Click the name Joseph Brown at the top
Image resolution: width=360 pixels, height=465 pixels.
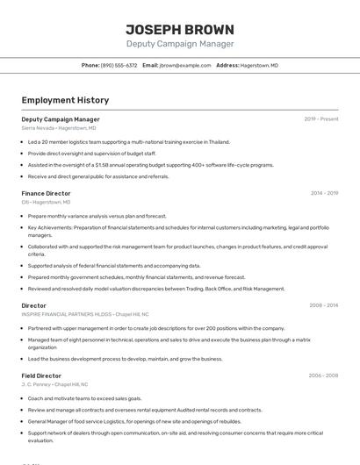[180, 29]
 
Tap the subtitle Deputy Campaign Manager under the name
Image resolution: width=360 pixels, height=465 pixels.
[180, 44]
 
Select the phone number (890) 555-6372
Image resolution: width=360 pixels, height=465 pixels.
[119, 66]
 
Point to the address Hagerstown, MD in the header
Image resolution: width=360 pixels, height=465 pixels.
[261, 66]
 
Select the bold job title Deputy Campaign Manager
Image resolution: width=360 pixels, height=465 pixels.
[61, 119]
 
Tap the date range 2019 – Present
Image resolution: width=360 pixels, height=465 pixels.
[321, 119]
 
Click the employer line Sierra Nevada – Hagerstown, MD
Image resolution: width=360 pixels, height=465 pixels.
[59, 128]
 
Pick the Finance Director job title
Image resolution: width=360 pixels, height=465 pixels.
[46, 193]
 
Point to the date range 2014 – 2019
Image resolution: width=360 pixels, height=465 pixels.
[324, 193]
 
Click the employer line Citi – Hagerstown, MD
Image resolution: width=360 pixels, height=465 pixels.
[46, 202]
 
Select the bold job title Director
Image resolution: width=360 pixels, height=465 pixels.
[34, 306]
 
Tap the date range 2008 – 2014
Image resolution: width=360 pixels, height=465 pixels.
[323, 306]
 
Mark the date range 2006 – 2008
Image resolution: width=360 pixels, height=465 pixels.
[323, 376]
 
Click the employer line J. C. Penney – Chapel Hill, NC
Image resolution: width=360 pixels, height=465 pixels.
[56, 384]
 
